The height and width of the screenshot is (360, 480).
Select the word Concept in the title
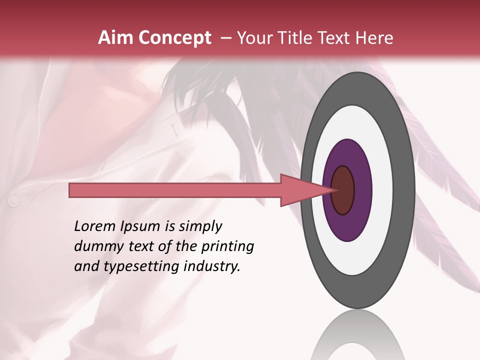174,38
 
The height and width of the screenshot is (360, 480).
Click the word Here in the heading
374,38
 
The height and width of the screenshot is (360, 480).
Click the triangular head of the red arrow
300,190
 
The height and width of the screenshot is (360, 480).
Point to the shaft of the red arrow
175,190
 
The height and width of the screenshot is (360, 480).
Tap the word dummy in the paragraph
95,246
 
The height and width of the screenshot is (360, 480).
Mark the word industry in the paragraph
212,266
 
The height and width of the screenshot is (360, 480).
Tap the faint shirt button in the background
13,200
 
